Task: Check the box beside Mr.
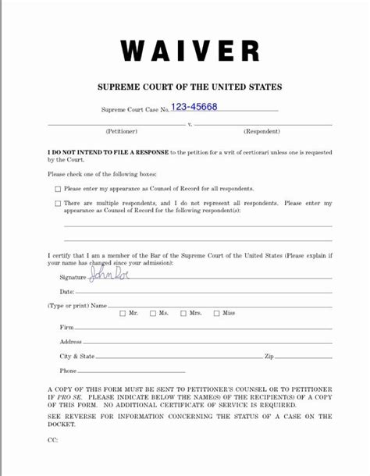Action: coord(122,314)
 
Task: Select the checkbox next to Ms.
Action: coord(152,314)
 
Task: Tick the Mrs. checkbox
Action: coord(183,314)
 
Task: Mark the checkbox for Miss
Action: coord(215,314)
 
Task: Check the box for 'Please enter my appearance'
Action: coord(58,190)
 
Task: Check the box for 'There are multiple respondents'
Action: coord(58,204)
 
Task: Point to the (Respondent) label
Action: coord(261,131)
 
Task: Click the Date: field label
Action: coord(68,291)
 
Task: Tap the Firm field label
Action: coord(67,328)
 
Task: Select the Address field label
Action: coord(71,342)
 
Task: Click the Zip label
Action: coord(269,357)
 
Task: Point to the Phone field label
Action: coord(69,371)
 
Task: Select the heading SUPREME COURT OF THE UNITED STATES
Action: coord(190,87)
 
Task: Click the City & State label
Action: coord(77,357)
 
